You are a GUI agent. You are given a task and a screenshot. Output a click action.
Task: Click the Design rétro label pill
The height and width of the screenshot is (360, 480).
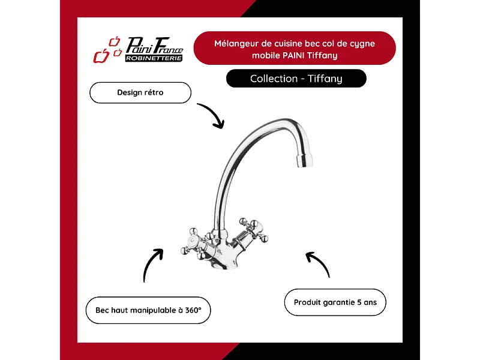[x=140, y=92]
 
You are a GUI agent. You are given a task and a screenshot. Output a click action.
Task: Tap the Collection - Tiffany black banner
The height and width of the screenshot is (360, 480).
[x=296, y=79]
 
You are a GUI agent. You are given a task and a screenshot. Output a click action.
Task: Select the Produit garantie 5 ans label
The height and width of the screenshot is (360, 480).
[x=335, y=302]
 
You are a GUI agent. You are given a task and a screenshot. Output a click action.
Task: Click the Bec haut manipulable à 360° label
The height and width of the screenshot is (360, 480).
[x=148, y=310]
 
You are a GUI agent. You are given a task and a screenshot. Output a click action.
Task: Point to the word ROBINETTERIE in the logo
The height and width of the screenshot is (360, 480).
[x=154, y=58]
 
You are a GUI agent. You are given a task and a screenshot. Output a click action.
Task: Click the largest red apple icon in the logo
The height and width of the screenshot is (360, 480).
[x=101, y=56]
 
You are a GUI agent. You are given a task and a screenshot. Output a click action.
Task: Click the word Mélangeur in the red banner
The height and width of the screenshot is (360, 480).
[x=236, y=43]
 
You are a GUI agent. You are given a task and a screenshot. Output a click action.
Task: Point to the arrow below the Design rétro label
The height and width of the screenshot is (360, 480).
[x=214, y=113]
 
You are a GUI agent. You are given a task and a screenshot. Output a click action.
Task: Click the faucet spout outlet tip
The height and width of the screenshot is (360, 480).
[x=304, y=161]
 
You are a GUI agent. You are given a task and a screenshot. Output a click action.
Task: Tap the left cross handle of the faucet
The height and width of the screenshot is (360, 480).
[x=193, y=242]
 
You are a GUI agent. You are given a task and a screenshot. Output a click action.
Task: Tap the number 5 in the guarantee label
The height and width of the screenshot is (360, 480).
[x=359, y=302]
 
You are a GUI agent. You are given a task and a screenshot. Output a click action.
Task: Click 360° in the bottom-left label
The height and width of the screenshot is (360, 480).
[x=193, y=310]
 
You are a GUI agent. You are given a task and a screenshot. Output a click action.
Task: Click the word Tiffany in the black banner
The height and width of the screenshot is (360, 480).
[x=325, y=79]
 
